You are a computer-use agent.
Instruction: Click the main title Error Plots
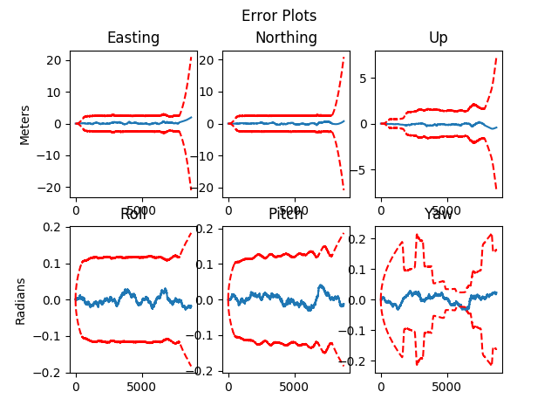[279, 16]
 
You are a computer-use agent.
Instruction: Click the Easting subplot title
[133, 38]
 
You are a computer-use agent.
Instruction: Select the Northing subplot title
[286, 38]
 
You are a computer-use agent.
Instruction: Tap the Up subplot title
[439, 38]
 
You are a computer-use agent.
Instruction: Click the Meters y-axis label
[24, 124]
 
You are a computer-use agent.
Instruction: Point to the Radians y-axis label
[21, 300]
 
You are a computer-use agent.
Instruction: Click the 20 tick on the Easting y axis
[53, 60]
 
